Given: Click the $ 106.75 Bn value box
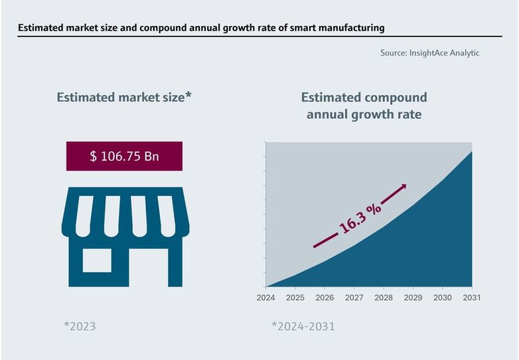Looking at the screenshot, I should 124,156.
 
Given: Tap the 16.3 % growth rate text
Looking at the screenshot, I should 360,216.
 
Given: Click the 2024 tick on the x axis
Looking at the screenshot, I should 265,298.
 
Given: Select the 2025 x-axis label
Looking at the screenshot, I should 295,298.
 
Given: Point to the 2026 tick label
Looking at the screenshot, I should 325,298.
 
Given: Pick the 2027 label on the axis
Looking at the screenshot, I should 354,298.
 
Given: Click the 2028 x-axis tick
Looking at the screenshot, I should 384,298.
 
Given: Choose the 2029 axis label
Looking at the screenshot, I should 413,298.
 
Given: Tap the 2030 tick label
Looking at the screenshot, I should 443,298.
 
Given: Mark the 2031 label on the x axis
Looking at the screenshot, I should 471,298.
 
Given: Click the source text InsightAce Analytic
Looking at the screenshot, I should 443,53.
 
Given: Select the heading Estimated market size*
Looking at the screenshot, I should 124,98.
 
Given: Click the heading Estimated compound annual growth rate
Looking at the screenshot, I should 364,106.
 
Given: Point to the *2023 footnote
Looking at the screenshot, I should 80,326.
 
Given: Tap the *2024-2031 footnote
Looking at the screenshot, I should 303,326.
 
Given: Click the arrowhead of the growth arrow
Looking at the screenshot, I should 403,187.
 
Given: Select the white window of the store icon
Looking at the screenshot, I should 97,260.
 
